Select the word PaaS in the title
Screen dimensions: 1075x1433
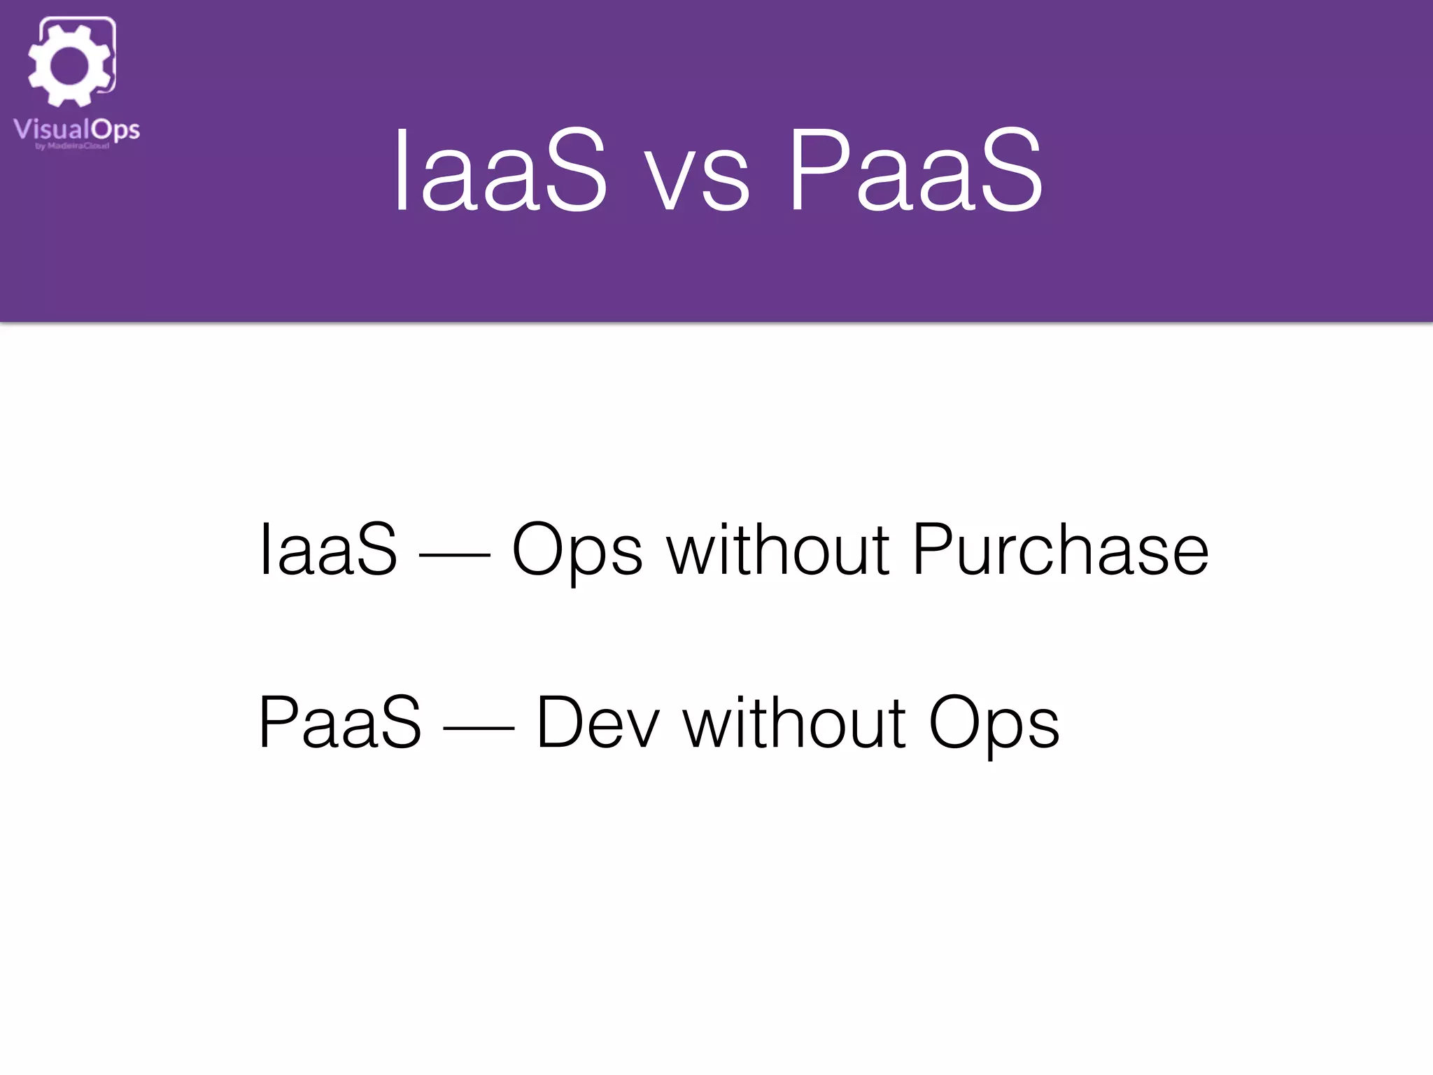[915, 171]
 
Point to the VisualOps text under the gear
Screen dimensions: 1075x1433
[76, 130]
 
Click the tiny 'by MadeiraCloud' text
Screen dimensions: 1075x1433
[73, 146]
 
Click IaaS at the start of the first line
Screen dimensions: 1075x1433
[328, 551]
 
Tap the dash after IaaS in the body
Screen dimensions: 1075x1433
[454, 556]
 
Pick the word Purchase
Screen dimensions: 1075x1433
[1060, 551]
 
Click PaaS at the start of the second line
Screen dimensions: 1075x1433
[340, 724]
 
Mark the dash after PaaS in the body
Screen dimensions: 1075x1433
[479, 729]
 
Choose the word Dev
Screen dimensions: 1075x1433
[598, 724]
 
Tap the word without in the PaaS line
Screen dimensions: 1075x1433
[794, 724]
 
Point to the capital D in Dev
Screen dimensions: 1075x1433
[560, 724]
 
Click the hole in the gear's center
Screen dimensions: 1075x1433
[69, 65]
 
